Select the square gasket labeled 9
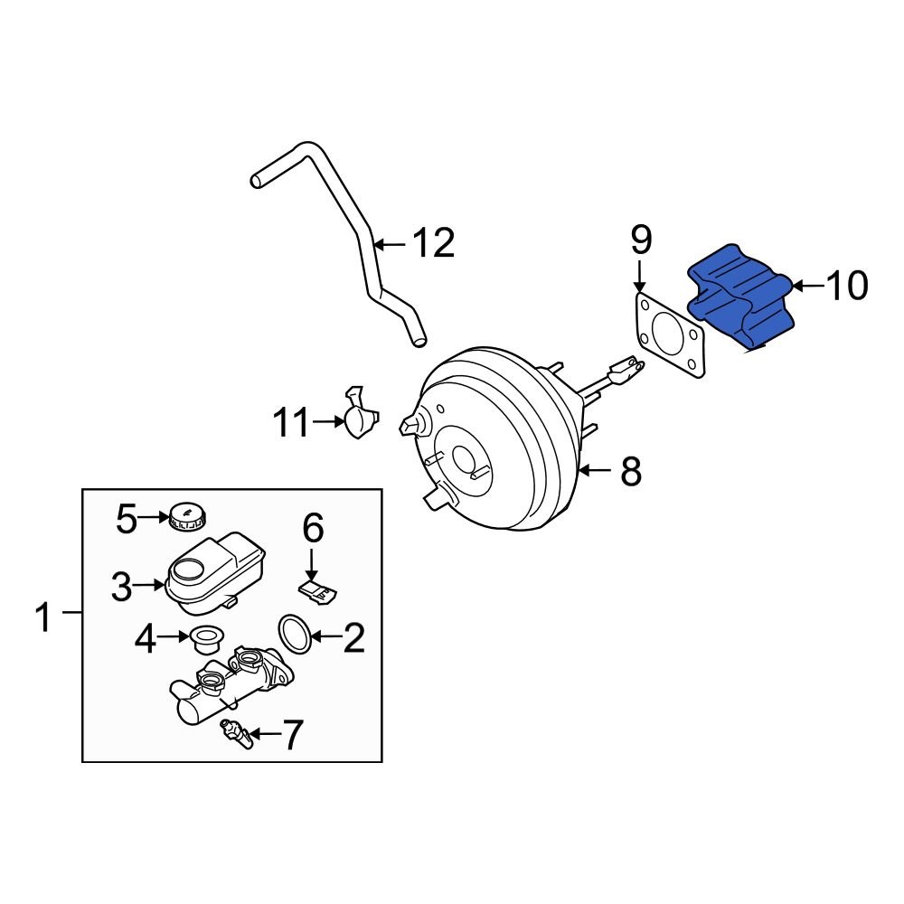click(669, 335)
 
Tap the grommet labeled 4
click(202, 640)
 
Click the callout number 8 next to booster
click(630, 470)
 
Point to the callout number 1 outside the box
click(42, 618)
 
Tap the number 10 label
click(846, 286)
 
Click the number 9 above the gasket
click(640, 240)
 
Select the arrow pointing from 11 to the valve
click(325, 421)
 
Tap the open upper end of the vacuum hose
click(257, 180)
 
